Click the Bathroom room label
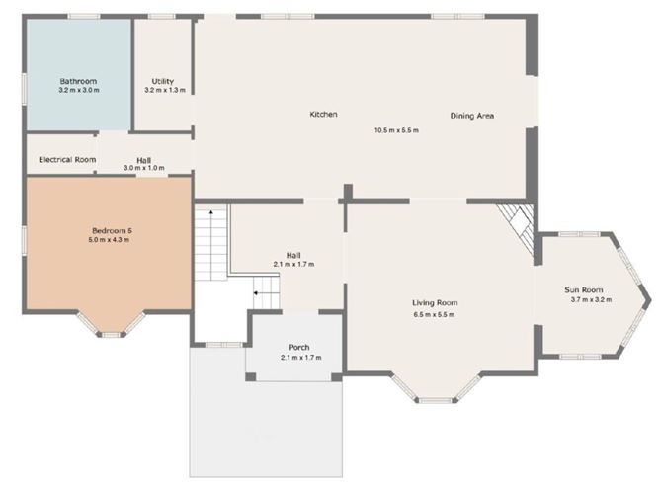coord(76,81)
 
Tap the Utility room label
coord(163,81)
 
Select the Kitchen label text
coord(323,115)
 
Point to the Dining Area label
coord(472,116)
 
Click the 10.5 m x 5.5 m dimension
coord(396,130)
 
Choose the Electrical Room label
coord(67,159)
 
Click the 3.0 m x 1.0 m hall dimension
coord(144,168)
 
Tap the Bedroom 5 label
coord(110,230)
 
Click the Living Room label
coord(435,303)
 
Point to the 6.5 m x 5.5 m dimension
coord(435,314)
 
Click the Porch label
coord(300,347)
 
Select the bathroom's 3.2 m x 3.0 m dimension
coord(78,90)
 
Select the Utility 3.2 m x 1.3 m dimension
coord(164,90)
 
